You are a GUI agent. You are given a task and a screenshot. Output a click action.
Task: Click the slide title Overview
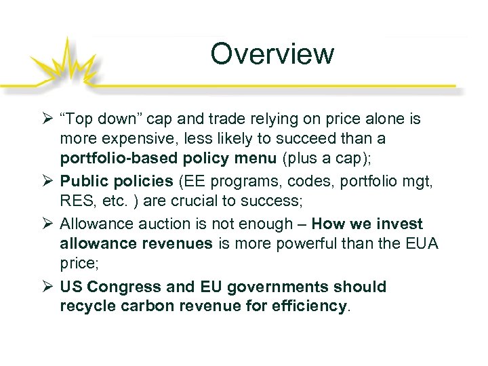pos(272,54)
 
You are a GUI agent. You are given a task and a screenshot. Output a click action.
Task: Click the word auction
pos(152,224)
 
